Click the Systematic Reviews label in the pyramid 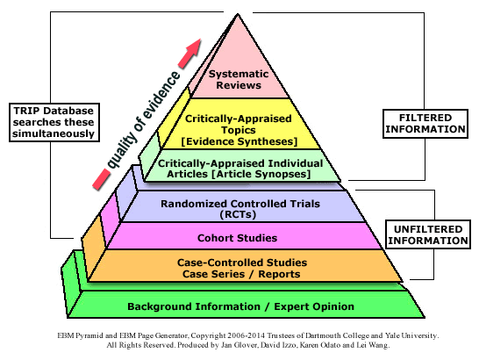click(239, 80)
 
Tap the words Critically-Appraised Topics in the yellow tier click(239, 124)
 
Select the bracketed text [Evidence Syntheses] click(239, 141)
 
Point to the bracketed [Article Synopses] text click(261, 174)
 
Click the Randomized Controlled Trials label click(240, 204)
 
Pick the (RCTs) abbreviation click(238, 214)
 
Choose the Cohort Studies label click(238, 238)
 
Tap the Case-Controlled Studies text click(242, 263)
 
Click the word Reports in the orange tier click(279, 274)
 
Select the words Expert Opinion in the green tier click(314, 306)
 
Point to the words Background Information click(194, 306)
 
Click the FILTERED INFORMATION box click(425, 124)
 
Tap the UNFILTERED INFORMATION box click(428, 234)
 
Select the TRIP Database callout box click(54, 122)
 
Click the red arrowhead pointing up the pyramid click(190, 54)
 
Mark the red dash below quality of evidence click(101, 180)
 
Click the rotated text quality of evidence click(143, 120)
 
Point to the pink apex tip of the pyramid click(238, 14)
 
